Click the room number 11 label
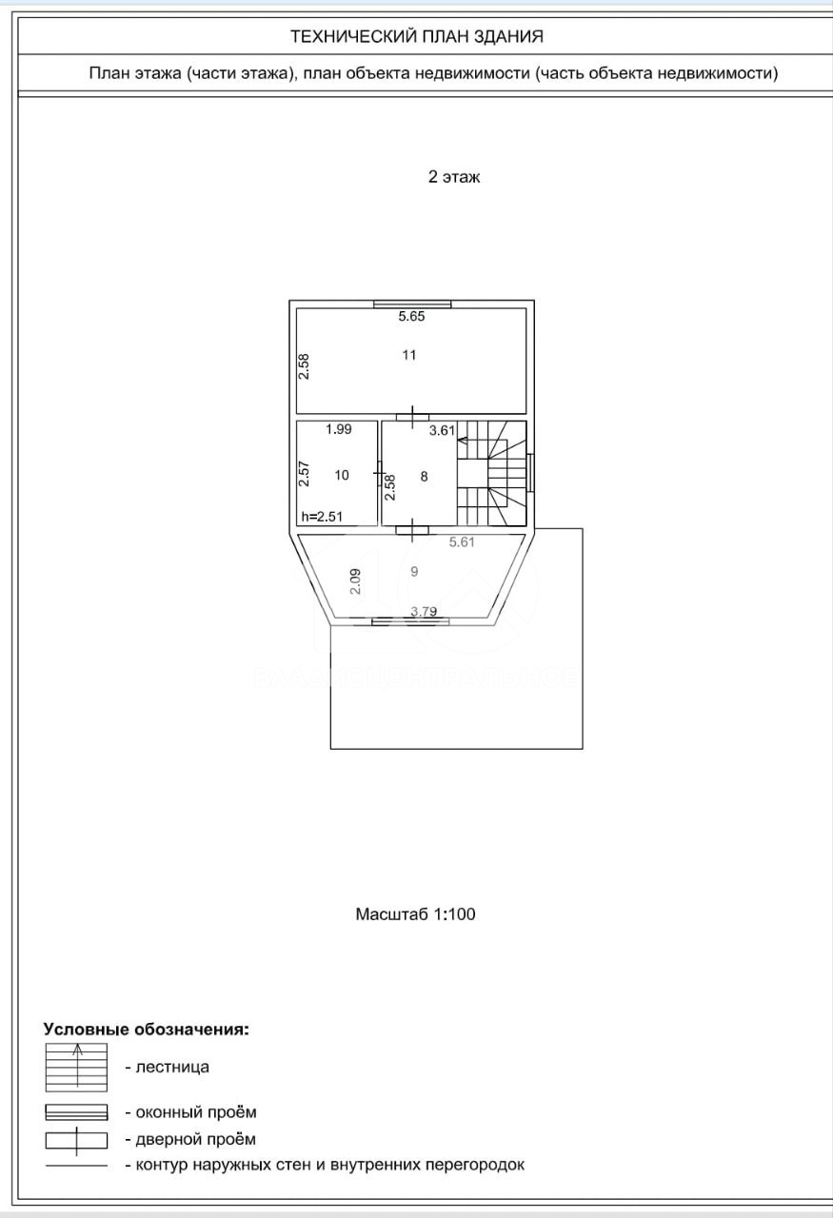[x=409, y=355]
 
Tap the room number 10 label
[x=342, y=475]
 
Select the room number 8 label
[x=425, y=477]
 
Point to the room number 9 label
[x=414, y=572]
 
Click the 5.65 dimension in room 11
[x=411, y=316]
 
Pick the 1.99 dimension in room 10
[x=338, y=429]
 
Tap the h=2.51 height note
[x=322, y=516]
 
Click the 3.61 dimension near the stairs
[x=442, y=431]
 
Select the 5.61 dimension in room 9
[x=462, y=541]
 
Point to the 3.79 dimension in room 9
[x=424, y=611]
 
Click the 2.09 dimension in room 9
[x=355, y=581]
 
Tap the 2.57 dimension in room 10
[x=304, y=474]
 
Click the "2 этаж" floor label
[x=454, y=177]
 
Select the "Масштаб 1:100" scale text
[x=416, y=914]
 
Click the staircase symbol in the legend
[x=76, y=1068]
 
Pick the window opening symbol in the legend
[x=76, y=1112]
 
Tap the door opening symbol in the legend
[x=76, y=1141]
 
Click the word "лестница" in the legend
[x=172, y=1068]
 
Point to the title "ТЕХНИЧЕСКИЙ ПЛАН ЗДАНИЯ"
[x=417, y=36]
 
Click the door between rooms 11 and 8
[x=412, y=417]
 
